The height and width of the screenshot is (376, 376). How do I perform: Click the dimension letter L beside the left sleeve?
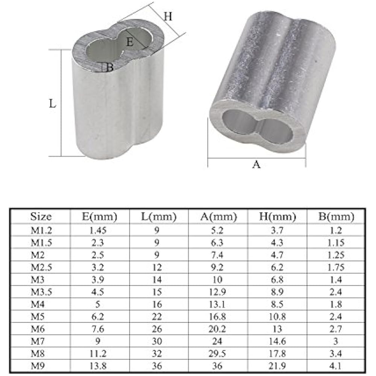coord(53,103)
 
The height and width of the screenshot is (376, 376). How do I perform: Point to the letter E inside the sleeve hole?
coord(130,42)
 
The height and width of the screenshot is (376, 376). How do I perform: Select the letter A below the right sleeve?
coord(256,164)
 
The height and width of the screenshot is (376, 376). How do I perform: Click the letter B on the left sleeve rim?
coord(109,68)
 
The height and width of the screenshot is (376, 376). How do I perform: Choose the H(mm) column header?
coord(278,217)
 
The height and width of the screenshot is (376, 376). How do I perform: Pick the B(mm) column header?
coord(336,217)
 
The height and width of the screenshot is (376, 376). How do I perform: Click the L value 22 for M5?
coord(158,316)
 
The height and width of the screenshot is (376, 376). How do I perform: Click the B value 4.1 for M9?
coord(336,366)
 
